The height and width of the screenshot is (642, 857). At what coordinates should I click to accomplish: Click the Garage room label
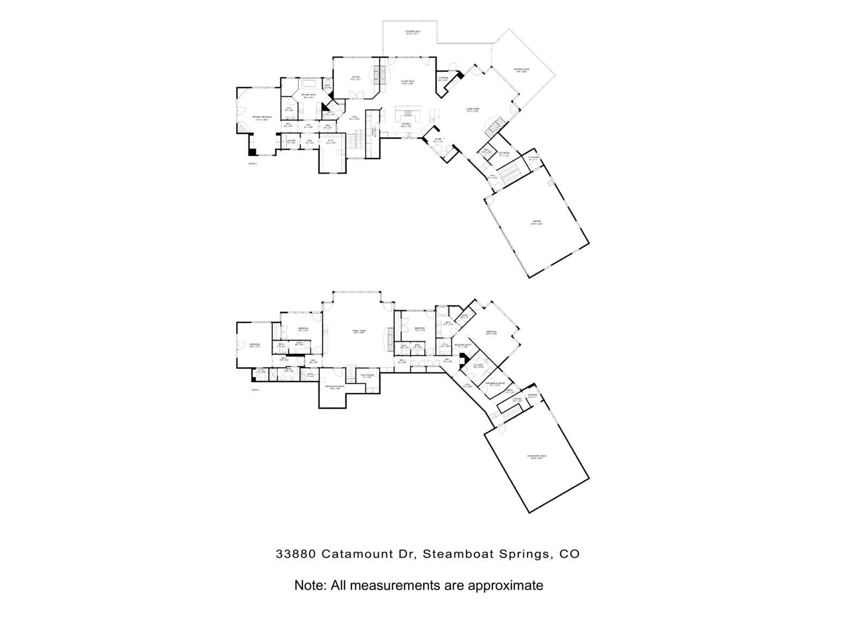click(x=536, y=221)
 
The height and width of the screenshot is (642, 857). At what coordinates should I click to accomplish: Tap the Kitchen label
click(x=406, y=125)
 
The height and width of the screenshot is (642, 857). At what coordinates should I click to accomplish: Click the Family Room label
click(x=358, y=331)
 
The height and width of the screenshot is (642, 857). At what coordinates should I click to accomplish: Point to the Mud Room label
click(x=503, y=154)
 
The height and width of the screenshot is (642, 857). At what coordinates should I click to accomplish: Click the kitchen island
click(x=408, y=114)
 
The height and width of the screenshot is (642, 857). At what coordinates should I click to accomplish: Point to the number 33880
click(x=296, y=554)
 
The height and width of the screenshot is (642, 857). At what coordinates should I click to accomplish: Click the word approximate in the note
click(x=505, y=585)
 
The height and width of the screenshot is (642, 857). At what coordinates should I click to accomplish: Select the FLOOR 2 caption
click(x=252, y=163)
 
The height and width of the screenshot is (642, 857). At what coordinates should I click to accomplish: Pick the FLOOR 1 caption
click(x=255, y=390)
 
